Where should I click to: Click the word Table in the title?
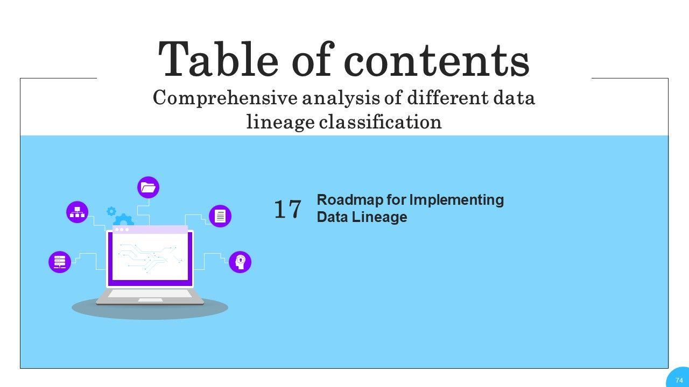point(218,59)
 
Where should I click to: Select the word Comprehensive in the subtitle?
point(225,98)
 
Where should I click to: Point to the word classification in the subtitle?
point(380,121)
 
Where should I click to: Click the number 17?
point(287,209)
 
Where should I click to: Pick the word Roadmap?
point(350,200)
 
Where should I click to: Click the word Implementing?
point(457,200)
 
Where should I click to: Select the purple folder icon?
point(148,188)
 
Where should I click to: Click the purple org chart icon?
point(77,212)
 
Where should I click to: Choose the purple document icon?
point(220,216)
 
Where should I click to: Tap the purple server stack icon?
point(60,262)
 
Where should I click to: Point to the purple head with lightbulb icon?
point(240,262)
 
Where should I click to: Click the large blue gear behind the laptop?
point(123,220)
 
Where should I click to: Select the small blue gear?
point(111,211)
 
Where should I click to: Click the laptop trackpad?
point(150,300)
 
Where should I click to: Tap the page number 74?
point(679,380)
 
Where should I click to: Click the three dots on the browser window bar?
point(122,230)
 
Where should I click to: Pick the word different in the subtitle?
point(448,98)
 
